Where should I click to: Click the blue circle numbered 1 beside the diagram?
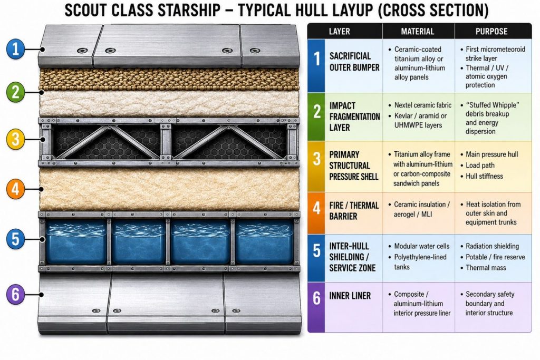(x=15, y=48)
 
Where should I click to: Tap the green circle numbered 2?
(x=15, y=92)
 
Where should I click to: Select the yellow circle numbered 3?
(x=15, y=139)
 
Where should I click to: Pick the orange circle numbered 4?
(x=15, y=189)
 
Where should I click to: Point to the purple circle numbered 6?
(x=15, y=295)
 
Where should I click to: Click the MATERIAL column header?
(x=418, y=32)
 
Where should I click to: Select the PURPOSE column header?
(x=491, y=32)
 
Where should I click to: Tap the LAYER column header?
(x=339, y=32)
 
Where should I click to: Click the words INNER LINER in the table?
(x=350, y=296)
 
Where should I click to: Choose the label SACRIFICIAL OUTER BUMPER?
(x=354, y=62)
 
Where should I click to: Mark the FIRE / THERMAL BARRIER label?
(x=354, y=211)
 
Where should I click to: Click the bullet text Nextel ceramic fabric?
(x=423, y=105)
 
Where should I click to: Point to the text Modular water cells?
(x=421, y=246)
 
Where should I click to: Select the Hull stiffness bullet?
(x=484, y=176)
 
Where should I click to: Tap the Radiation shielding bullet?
(x=492, y=246)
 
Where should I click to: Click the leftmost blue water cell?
(x=76, y=242)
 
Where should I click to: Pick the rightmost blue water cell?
(x=264, y=242)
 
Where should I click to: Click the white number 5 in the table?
(x=316, y=251)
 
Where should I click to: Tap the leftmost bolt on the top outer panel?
(x=82, y=51)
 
